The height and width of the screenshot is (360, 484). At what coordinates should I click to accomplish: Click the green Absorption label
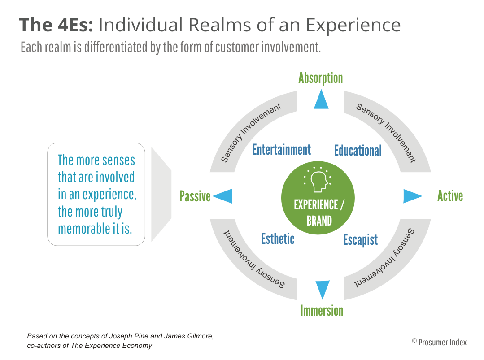point(320,78)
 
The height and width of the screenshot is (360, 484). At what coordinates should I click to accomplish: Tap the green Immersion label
point(322,310)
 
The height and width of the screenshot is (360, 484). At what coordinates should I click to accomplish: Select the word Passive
point(195,196)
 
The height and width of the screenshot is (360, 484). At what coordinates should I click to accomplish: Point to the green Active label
point(450,196)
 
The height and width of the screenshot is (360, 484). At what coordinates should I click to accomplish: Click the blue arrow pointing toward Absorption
point(321,100)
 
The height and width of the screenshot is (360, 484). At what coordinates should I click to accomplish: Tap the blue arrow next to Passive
point(223,196)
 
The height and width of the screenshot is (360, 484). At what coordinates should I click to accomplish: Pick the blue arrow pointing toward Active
point(412,196)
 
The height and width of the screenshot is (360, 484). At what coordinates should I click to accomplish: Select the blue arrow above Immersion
point(322,289)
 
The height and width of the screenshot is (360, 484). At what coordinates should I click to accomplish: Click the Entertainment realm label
point(281,149)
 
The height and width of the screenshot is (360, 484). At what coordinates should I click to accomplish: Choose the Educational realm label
point(358,150)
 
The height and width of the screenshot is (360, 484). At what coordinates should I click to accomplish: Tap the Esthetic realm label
point(278,239)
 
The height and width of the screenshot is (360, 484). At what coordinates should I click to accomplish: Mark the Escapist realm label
point(360,240)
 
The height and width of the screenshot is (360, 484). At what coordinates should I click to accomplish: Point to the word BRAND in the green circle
point(319,221)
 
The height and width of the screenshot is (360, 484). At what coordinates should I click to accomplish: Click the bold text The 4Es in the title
point(56,25)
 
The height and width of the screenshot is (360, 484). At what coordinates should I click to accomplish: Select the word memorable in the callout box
point(83,228)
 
